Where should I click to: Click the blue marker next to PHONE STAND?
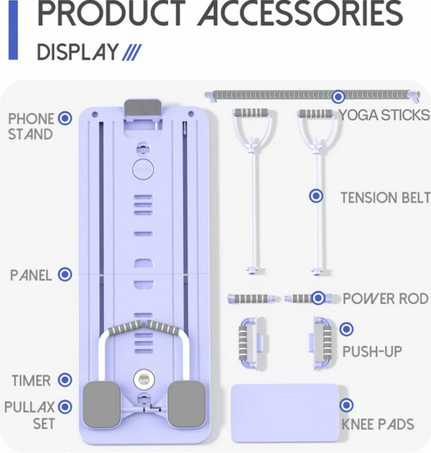click(x=65, y=118)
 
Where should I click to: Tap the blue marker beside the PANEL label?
click(x=65, y=274)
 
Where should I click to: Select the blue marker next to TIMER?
click(x=65, y=380)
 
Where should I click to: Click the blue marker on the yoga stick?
click(x=338, y=96)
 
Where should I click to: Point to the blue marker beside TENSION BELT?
click(x=316, y=196)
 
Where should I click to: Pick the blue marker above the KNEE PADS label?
click(x=346, y=405)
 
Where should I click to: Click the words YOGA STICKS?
click(x=384, y=115)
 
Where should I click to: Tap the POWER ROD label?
click(x=386, y=298)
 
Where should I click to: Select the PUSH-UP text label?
click(x=372, y=352)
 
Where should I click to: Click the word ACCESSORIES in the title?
click(x=301, y=14)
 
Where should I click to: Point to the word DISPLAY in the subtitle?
click(x=78, y=52)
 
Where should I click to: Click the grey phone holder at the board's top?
click(x=143, y=109)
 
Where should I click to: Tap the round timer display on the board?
click(x=144, y=380)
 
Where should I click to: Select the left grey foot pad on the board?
click(x=101, y=404)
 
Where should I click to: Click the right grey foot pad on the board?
click(x=187, y=403)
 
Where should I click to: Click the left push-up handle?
click(x=251, y=343)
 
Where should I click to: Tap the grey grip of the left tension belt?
click(x=251, y=113)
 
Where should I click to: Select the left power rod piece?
click(x=254, y=298)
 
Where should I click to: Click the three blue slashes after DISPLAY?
click(x=131, y=52)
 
